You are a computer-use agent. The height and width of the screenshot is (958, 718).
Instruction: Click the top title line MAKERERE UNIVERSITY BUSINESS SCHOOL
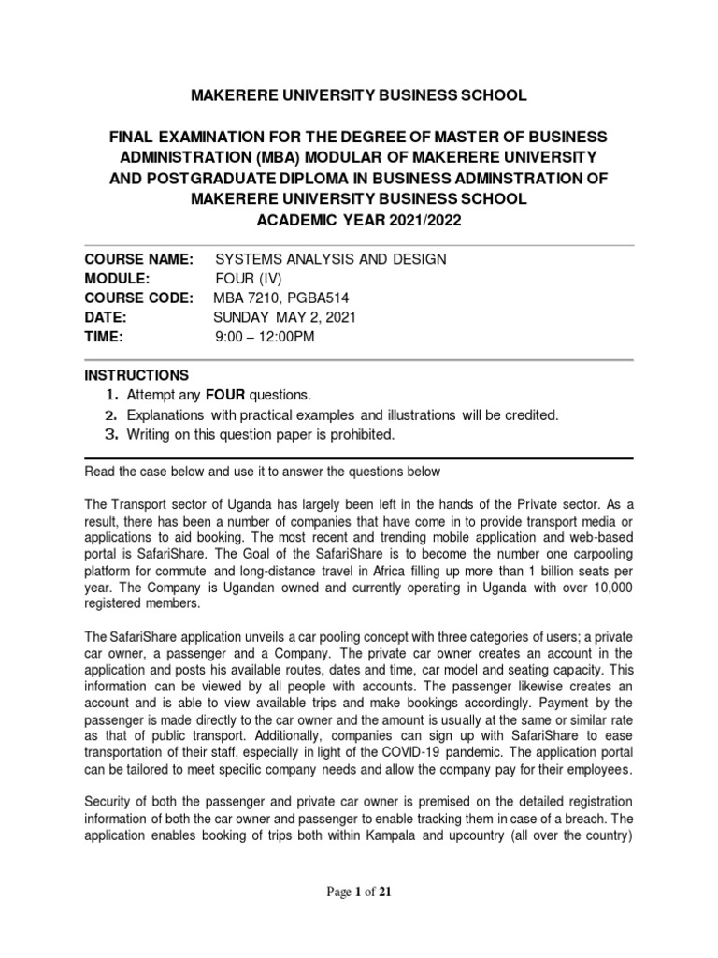click(359, 95)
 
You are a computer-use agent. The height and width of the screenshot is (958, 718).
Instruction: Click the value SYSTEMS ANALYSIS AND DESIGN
click(331, 258)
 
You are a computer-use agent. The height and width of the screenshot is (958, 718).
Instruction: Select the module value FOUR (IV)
click(251, 278)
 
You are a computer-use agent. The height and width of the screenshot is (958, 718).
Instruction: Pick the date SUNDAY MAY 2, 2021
click(284, 317)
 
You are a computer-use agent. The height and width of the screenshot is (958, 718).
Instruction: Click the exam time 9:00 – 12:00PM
click(265, 337)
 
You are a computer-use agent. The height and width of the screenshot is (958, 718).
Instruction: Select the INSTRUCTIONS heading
click(136, 375)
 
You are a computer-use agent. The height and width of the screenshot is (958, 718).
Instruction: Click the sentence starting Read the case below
click(262, 472)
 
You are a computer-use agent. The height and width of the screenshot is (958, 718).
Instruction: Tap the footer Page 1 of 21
click(359, 893)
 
